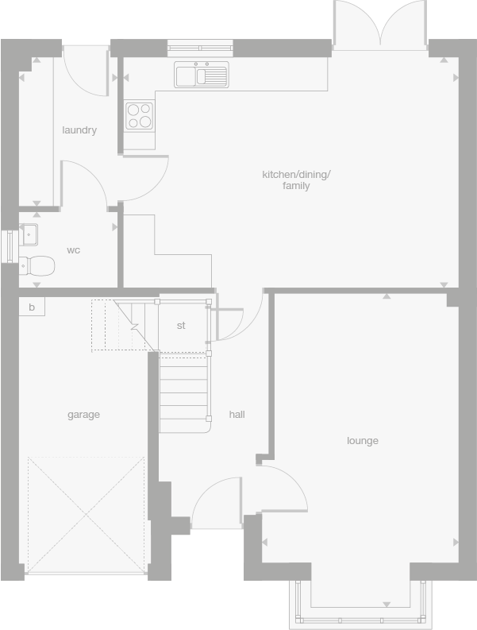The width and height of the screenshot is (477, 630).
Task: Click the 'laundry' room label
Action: [x=79, y=130]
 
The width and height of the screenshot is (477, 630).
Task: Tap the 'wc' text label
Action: [x=73, y=250]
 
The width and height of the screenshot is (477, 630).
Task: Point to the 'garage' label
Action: [x=83, y=415]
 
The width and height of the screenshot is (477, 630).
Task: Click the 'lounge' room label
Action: [x=362, y=441]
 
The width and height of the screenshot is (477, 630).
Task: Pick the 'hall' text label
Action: [x=237, y=415]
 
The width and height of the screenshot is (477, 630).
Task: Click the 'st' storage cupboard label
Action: [x=181, y=326]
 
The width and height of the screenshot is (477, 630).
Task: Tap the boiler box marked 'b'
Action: [x=32, y=307]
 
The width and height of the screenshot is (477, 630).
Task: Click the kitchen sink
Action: [x=202, y=75]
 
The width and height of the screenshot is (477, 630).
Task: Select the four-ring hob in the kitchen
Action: [x=140, y=116]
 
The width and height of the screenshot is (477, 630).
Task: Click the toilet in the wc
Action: [x=37, y=265]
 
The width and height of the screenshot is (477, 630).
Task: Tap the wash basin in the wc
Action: [x=29, y=235]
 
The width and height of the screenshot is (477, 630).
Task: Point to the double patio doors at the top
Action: [x=381, y=24]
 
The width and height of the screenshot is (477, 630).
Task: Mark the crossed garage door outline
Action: [x=86, y=514]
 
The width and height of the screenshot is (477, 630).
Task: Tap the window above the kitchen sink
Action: [x=201, y=48]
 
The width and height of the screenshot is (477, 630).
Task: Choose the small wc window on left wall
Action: [x=7, y=245]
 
